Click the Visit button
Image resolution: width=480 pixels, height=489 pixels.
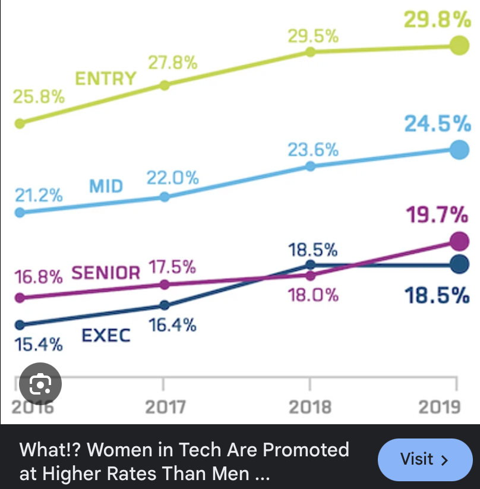click(x=424, y=459)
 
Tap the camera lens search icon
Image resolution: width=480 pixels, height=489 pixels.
click(x=40, y=384)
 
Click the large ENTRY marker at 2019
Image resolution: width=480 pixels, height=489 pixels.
click(x=457, y=45)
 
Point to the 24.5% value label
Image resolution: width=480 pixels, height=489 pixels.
click(x=437, y=124)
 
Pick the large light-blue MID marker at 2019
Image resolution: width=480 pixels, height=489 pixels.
click(x=458, y=150)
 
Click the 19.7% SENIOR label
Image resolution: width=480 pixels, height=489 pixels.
click(x=437, y=214)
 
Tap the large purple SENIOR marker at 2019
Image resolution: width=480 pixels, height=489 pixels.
click(x=458, y=241)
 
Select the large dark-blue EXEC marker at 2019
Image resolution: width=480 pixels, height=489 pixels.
click(x=458, y=264)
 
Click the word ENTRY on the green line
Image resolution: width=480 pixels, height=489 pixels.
click(x=105, y=78)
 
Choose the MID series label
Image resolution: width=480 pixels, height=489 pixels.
click(x=106, y=187)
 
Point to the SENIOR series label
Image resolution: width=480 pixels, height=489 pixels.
click(x=106, y=273)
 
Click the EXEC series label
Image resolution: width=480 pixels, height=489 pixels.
click(x=106, y=336)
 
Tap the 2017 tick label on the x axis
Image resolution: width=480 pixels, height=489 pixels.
click(x=165, y=407)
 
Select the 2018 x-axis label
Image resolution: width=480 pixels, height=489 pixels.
click(x=309, y=407)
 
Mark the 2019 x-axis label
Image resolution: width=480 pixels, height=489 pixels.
click(x=440, y=407)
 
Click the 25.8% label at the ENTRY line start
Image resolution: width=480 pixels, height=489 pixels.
click(x=39, y=97)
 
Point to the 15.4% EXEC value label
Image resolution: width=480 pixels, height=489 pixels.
click(x=38, y=344)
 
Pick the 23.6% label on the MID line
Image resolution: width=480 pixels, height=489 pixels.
click(x=313, y=150)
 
